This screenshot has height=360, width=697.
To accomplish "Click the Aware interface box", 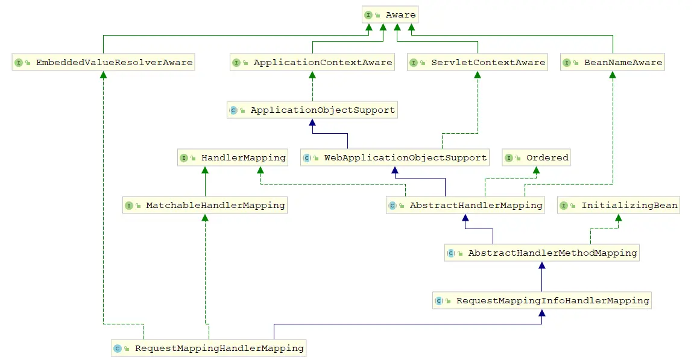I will pyautogui.click(x=389, y=15).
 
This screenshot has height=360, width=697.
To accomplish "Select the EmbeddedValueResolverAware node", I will pyautogui.click(x=103, y=62).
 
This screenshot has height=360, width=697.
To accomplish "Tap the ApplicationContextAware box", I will pyautogui.click(x=312, y=62).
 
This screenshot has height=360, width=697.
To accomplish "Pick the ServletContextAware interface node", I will pyautogui.click(x=478, y=62).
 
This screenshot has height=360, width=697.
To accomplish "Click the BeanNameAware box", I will pyautogui.click(x=613, y=62).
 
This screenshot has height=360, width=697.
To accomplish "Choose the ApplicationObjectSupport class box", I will pyautogui.click(x=312, y=110).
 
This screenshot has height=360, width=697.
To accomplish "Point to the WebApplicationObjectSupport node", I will pyautogui.click(x=395, y=157).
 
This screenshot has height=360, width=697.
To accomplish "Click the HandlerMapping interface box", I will pyautogui.click(x=233, y=157).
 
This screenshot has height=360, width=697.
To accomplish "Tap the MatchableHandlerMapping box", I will pyautogui.click(x=205, y=205).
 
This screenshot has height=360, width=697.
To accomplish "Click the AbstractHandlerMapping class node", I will pyautogui.click(x=465, y=205).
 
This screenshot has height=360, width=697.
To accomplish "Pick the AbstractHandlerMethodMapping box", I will pyautogui.click(x=541, y=253).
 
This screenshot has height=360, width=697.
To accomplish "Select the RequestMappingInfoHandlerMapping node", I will pyautogui.click(x=541, y=300).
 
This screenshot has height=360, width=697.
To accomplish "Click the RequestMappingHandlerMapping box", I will pyautogui.click(x=209, y=348).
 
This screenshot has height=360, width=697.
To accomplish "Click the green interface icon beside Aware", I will pyautogui.click(x=368, y=15).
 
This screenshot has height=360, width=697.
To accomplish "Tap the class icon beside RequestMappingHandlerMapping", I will pyautogui.click(x=118, y=348).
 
